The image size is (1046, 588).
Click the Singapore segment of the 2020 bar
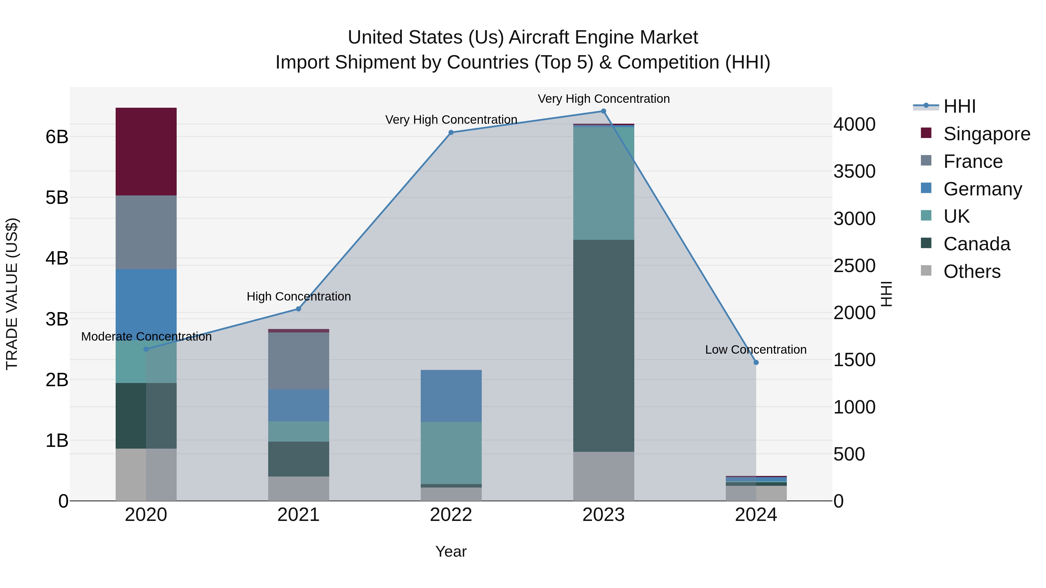coord(146,151)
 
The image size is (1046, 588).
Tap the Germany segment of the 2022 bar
coord(451,396)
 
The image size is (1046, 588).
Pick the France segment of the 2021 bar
coord(298,361)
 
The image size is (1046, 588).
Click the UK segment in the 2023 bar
coord(603,184)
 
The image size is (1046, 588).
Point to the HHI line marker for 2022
coord(451,132)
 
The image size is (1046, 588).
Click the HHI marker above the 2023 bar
coord(603,111)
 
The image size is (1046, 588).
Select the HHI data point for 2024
coord(756,362)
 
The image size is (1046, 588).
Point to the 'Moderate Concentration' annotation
coord(146,337)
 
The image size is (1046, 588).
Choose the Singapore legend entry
coord(986,134)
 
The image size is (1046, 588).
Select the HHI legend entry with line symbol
coord(959,106)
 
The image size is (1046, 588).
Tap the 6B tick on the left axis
coord(57,137)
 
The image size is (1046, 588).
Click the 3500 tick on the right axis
coord(854,171)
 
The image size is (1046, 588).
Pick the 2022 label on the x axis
coord(451,515)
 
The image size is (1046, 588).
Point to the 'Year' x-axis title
coord(451,551)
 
